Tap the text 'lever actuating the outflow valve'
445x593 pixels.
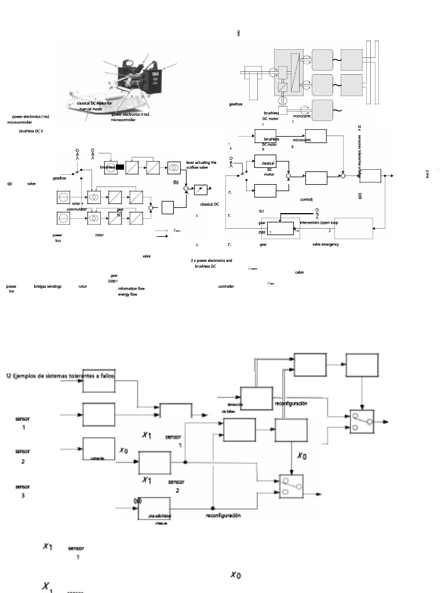tap(201, 165)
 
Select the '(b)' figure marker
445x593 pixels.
tap(176, 182)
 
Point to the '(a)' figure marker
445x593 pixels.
tap(9, 184)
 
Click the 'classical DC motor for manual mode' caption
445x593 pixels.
tap(99, 105)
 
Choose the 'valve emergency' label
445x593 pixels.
tap(326, 244)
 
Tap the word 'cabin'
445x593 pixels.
tap(299, 272)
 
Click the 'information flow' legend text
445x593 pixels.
tap(131, 288)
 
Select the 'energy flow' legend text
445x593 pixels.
tap(127, 294)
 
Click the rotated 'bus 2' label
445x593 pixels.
tap(428, 173)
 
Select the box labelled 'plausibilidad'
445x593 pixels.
tap(154, 509)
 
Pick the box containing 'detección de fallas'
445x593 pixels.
tap(256, 400)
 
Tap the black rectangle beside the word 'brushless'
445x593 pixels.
tap(120, 167)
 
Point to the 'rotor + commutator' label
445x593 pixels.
tap(76, 206)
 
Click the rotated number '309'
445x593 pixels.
tap(360, 196)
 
